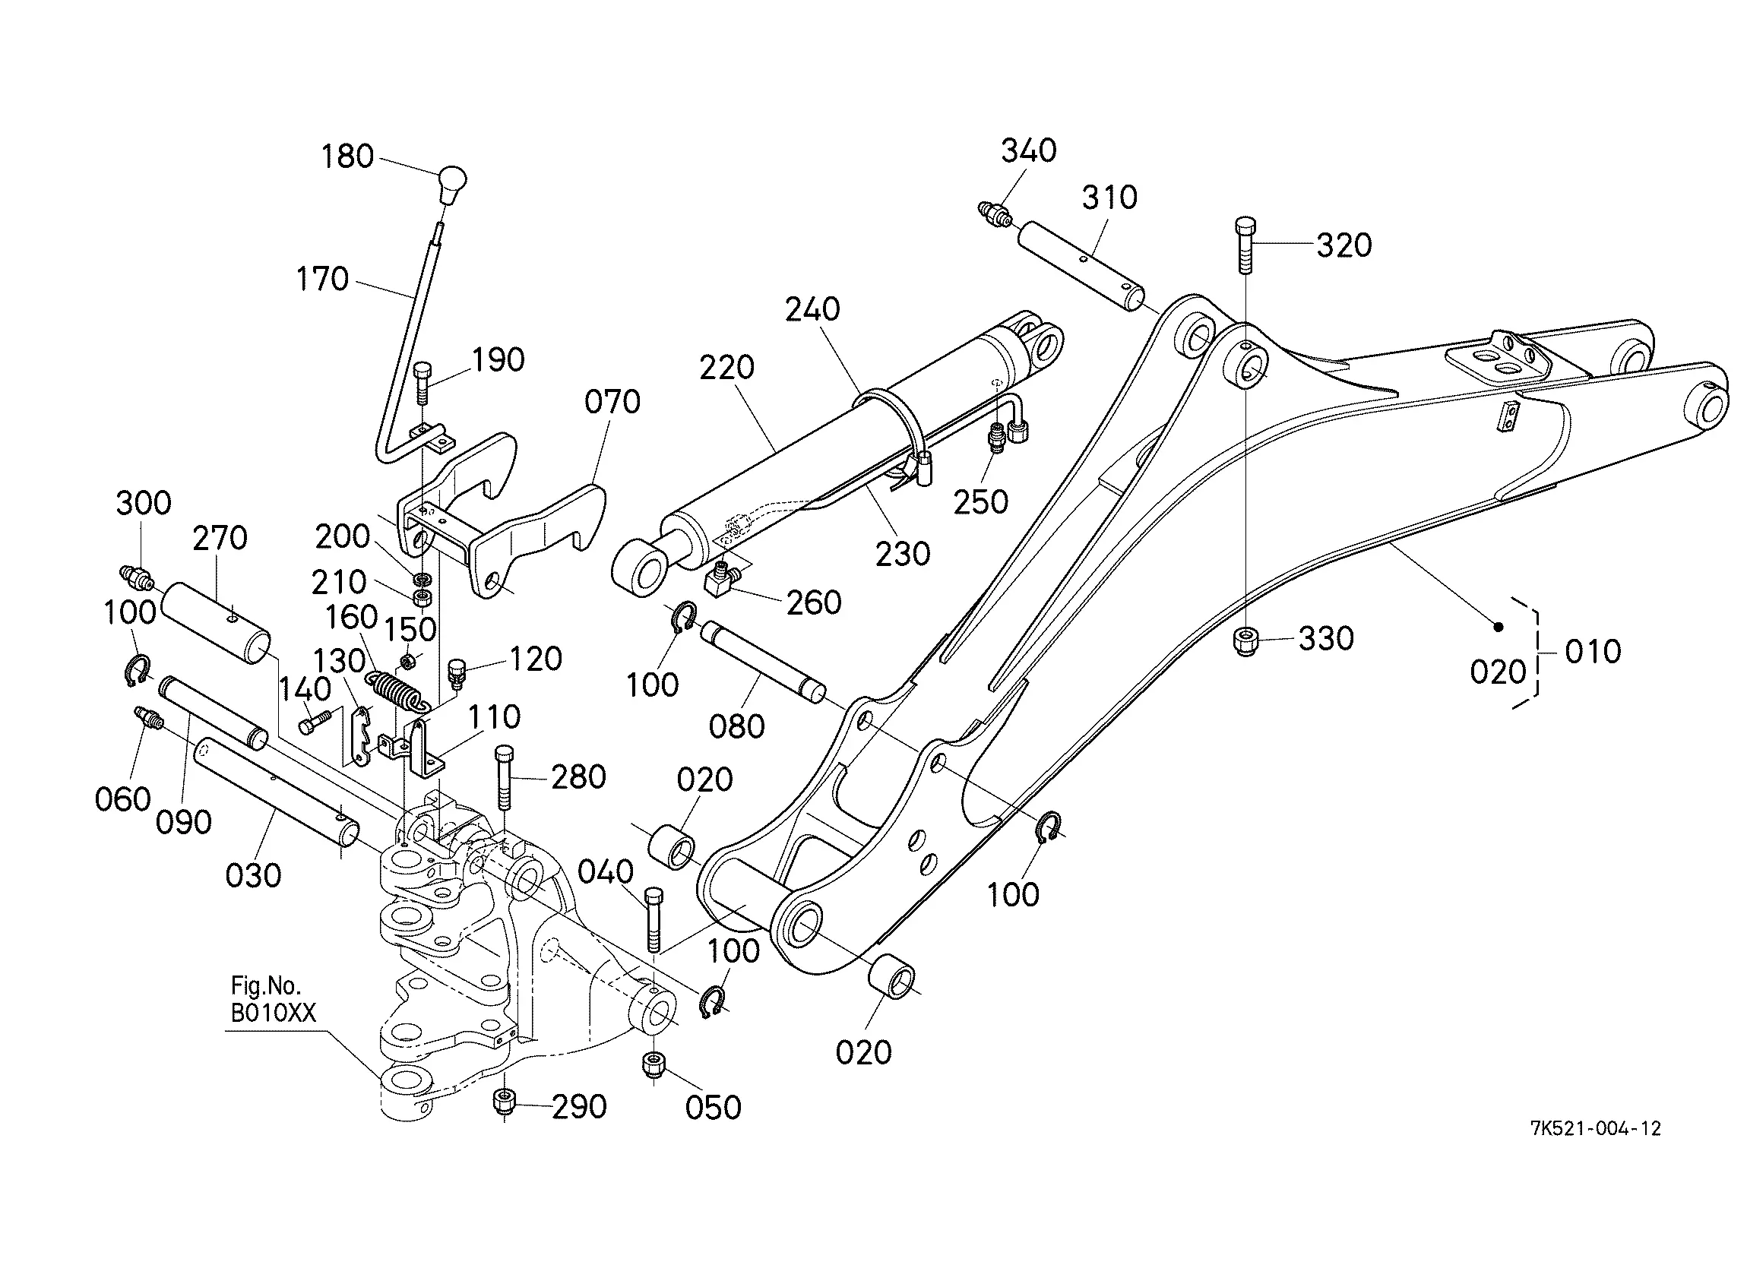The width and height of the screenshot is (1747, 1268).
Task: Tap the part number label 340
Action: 1028,150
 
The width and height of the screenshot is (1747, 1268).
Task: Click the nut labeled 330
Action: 1245,642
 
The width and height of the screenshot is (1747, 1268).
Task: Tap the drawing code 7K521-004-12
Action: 1595,1128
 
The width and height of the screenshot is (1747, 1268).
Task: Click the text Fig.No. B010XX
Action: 274,998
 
